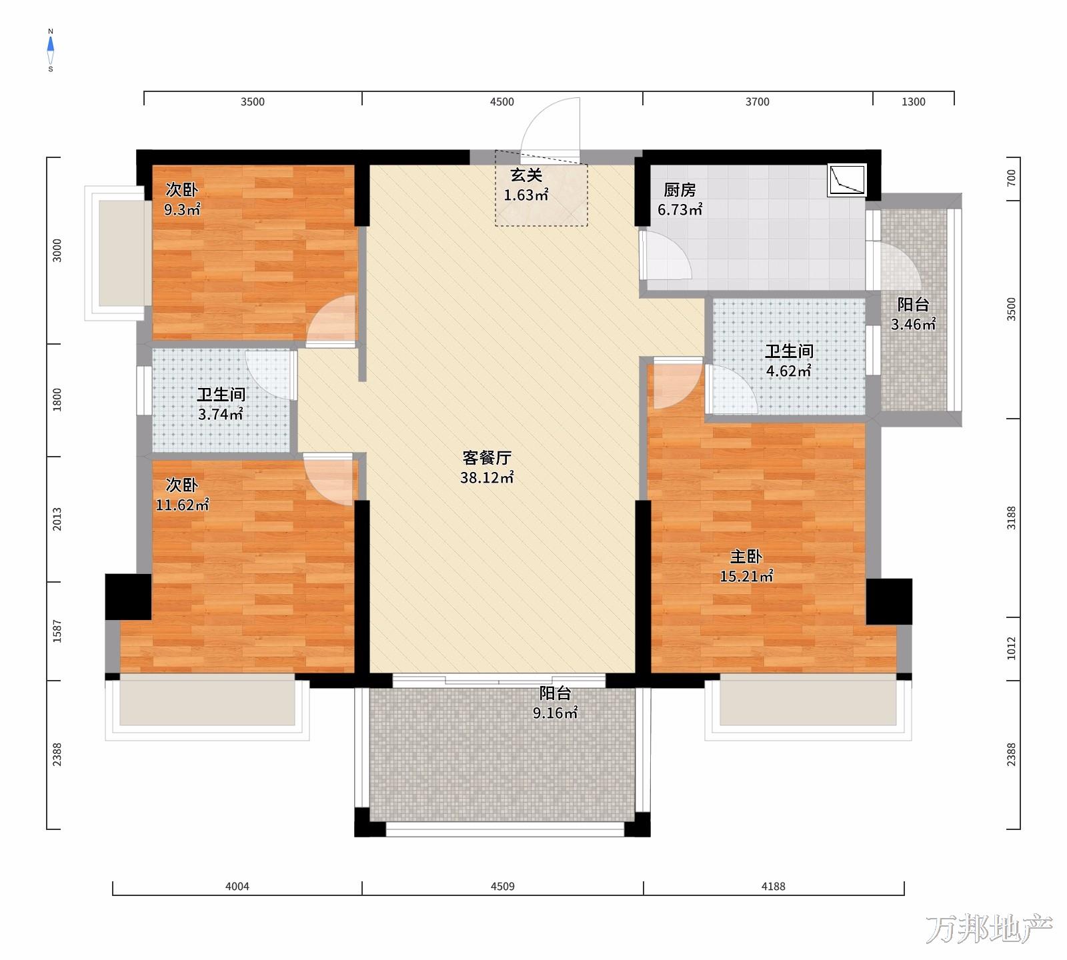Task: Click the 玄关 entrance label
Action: pos(526,176)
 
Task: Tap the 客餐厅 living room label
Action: pos(487,458)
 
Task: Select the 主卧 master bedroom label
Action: pos(746,557)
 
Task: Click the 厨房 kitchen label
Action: pos(680,191)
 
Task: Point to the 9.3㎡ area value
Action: pos(183,210)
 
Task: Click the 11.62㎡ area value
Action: pos(182,505)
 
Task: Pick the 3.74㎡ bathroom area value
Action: pos(220,415)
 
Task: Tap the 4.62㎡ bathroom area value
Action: pos(788,371)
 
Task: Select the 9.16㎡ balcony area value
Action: pos(555,713)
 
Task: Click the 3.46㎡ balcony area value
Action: pos(913,325)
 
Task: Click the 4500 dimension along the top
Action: pos(502,102)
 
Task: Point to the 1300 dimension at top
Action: pos(914,102)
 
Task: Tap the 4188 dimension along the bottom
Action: pos(774,887)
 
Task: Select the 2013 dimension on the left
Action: pos(57,519)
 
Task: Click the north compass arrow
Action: pos(51,45)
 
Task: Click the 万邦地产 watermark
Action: pos(989,929)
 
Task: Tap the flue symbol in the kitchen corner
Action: pos(847,180)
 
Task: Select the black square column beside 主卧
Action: pos(889,601)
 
